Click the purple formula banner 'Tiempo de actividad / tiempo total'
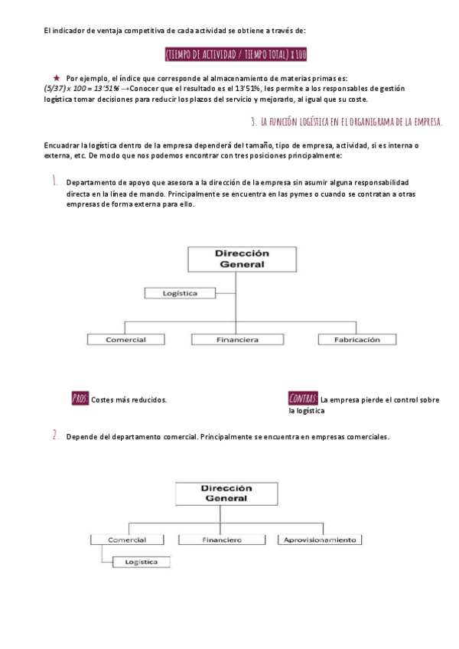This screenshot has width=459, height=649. tap(236, 54)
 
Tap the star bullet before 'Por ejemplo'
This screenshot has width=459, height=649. tap(57, 78)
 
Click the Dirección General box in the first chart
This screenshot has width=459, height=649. tap(243, 259)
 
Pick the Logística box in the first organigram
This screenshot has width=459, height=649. tap(181, 293)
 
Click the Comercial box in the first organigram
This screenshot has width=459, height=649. tap(126, 339)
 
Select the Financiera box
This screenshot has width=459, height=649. tap(236, 339)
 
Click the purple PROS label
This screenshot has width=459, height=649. tap(80, 399)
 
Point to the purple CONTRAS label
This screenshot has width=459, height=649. tap(303, 399)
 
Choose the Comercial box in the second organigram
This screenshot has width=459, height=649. tap(127, 540)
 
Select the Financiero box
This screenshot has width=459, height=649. tap(223, 540)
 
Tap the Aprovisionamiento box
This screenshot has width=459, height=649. tap(319, 540)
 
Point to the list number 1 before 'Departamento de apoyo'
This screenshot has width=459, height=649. tap(55, 181)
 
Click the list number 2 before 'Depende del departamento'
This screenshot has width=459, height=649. tap(55, 435)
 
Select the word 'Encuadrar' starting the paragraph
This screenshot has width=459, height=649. tap(60, 145)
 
